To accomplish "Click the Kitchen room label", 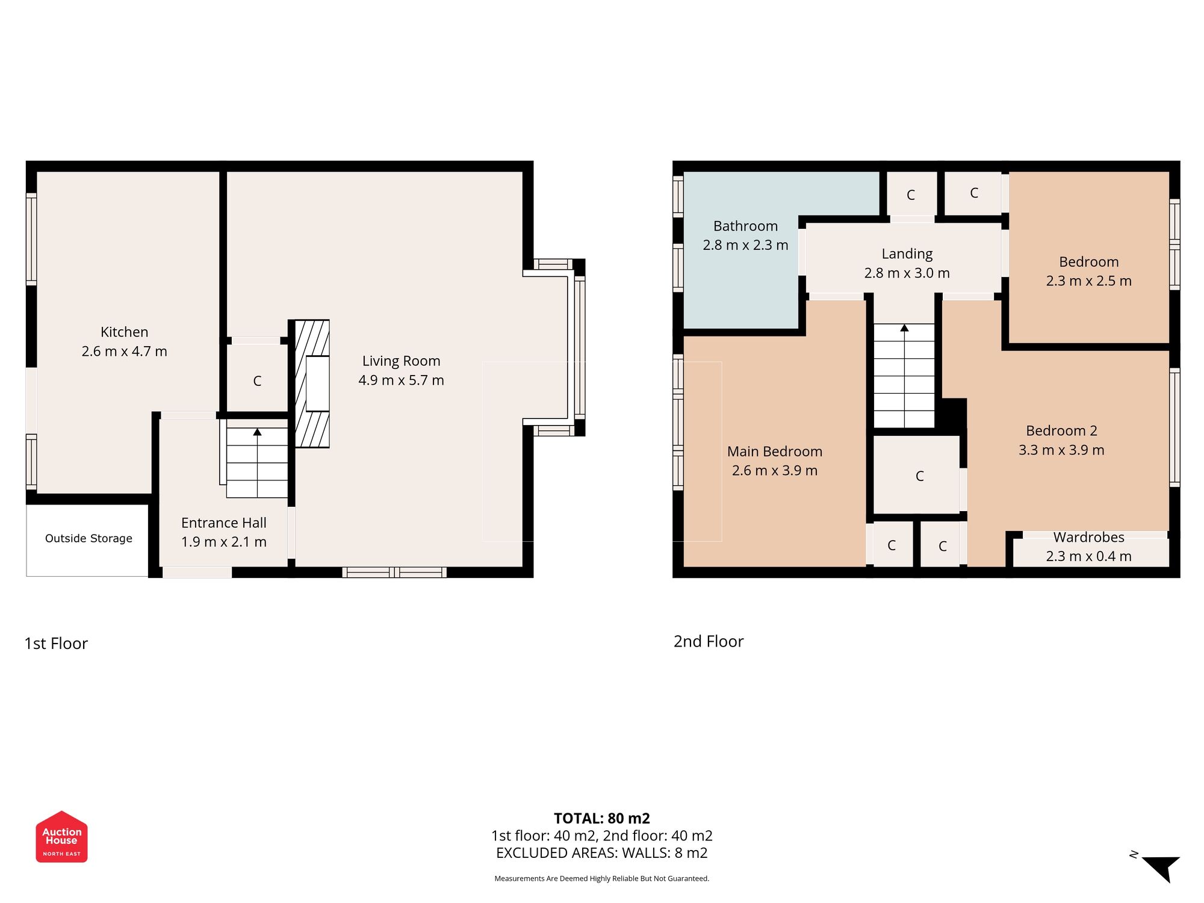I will (x=124, y=332).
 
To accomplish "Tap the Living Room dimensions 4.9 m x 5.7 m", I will (x=401, y=380).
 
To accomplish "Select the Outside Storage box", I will (x=88, y=539).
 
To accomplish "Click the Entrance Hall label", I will (x=223, y=523).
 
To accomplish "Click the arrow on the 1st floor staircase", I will (x=257, y=432).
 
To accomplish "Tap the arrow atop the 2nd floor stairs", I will (x=904, y=328).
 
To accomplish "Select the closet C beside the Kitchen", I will (x=257, y=381).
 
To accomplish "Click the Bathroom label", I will (x=745, y=226).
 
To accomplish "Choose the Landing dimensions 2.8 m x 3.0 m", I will (x=907, y=273).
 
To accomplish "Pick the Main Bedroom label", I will (x=774, y=451).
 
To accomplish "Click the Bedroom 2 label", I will (x=1061, y=431).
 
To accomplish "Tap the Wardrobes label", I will (x=1088, y=538).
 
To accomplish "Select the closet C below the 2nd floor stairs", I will (x=919, y=476).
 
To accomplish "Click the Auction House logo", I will (x=61, y=837).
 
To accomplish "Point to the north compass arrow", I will (x=1162, y=867).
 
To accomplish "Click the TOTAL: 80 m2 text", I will (x=601, y=819).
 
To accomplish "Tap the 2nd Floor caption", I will (x=708, y=642).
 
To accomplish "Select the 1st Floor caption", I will (x=56, y=644).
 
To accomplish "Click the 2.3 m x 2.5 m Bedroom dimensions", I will (x=1088, y=281).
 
